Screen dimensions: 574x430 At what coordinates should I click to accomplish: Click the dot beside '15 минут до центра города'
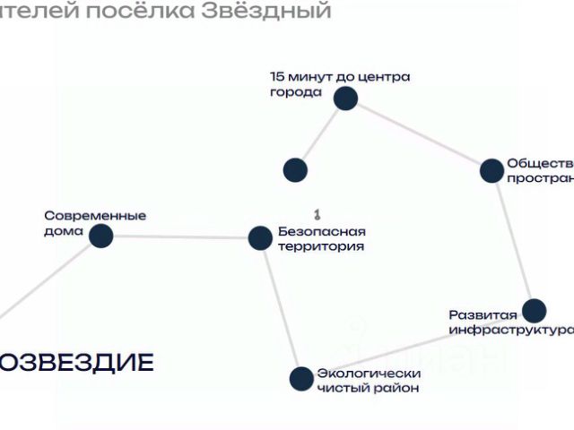click(345, 98)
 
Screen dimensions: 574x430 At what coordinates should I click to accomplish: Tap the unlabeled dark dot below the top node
click(295, 169)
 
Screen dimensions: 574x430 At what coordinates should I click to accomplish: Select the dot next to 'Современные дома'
click(100, 236)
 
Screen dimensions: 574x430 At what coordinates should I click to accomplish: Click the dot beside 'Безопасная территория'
click(259, 237)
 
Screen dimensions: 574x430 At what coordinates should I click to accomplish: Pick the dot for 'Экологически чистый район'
click(301, 378)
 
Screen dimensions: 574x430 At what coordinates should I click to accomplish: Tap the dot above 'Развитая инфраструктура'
click(534, 311)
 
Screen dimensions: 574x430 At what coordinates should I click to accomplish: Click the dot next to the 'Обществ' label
click(491, 170)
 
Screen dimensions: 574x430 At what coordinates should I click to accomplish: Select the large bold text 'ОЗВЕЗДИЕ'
click(76, 362)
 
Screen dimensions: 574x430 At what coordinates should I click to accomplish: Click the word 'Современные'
click(95, 216)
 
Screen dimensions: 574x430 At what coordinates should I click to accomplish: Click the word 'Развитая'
click(483, 314)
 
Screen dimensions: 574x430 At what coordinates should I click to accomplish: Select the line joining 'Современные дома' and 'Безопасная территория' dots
click(179, 236)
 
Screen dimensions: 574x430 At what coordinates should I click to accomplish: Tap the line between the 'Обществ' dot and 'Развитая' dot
click(512, 240)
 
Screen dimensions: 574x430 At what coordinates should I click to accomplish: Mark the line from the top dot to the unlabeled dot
click(320, 133)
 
